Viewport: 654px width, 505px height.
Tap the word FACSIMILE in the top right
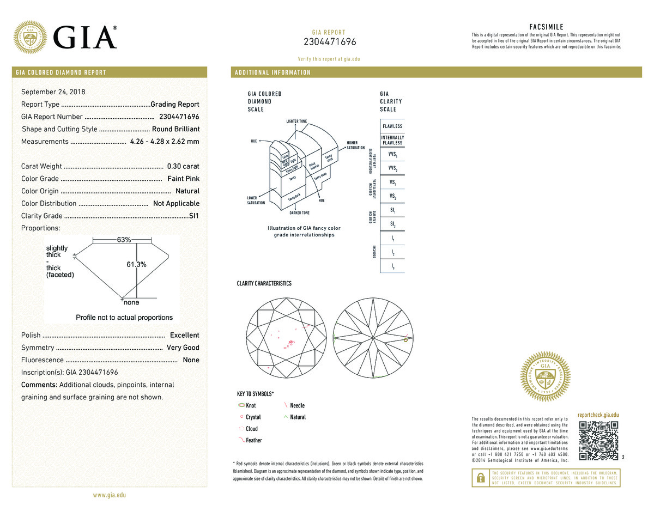(546, 27)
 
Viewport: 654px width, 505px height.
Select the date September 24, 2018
(53, 92)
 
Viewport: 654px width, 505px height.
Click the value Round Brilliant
(175, 129)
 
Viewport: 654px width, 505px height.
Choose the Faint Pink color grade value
(184, 179)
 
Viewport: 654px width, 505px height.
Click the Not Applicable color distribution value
(176, 203)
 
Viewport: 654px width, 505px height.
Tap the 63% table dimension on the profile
(124, 240)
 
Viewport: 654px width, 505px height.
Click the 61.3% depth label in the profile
(136, 264)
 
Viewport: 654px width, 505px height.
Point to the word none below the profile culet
(131, 302)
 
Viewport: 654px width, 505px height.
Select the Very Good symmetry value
(183, 348)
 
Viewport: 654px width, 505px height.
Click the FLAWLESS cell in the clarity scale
(392, 126)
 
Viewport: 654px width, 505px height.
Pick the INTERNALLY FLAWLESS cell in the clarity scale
(392, 140)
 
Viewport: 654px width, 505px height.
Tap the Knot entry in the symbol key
(250, 406)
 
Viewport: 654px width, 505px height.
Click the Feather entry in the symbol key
(253, 440)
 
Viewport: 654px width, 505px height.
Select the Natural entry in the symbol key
(298, 417)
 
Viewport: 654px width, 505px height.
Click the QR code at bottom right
(598, 440)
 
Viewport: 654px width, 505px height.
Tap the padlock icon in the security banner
(480, 477)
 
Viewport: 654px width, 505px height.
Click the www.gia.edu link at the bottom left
(110, 495)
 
